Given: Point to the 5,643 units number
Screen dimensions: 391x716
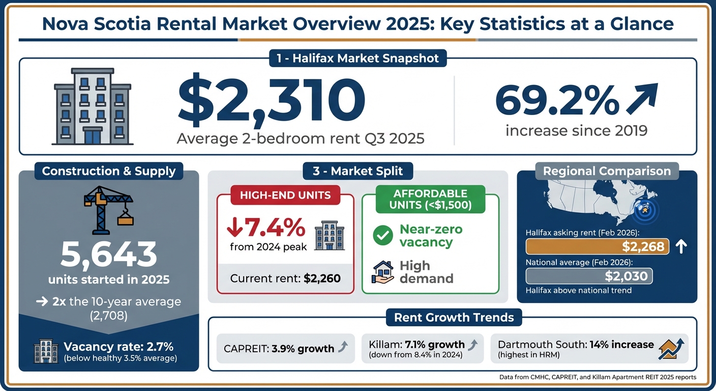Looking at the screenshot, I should [x=108, y=255].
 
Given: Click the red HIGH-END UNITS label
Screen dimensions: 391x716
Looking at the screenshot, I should [x=285, y=195].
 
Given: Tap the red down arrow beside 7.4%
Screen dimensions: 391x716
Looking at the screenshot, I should [x=235, y=227].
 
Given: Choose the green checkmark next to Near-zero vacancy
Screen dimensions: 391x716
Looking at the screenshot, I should [x=382, y=235].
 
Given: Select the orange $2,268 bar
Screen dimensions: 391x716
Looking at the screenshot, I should [x=597, y=246].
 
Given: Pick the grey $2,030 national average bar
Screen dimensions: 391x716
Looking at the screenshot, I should [x=588, y=276].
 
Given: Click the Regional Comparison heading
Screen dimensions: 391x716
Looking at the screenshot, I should [x=607, y=171].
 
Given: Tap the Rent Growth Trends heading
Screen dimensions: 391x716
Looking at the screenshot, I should [x=454, y=318].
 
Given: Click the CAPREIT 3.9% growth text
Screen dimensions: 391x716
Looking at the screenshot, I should [x=279, y=349].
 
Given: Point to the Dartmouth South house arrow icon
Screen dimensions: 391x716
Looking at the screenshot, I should [x=671, y=349].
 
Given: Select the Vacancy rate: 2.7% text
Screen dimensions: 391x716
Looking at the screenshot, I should [x=118, y=347].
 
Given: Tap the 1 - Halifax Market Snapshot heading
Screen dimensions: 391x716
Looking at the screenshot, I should [x=357, y=58].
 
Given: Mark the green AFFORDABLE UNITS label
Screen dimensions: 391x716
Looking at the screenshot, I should [x=430, y=200].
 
